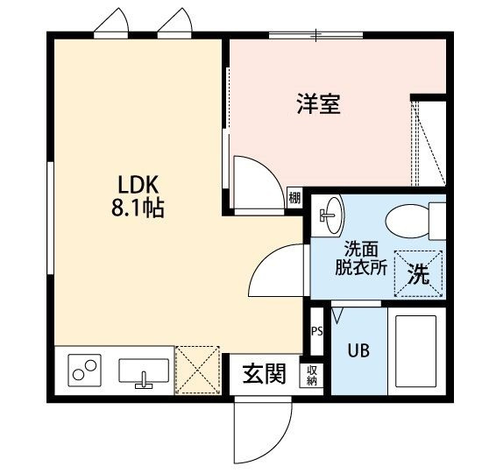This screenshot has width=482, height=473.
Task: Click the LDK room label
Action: coord(138,184)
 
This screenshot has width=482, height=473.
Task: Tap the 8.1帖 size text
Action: coord(138,208)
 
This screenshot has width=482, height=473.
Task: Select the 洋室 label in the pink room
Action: coord(318,103)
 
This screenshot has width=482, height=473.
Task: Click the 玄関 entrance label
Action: coord(265,374)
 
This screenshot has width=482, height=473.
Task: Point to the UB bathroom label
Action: coord(358,350)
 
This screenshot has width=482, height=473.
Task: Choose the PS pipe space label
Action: coord(317,331)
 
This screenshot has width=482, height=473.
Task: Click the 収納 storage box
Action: coord(311,375)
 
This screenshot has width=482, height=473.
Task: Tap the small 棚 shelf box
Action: coord(294,198)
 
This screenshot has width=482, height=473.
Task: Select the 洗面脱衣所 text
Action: coord(361,258)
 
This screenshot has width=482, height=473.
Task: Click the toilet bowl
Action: coord(408,221)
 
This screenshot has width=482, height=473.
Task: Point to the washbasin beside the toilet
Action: coord(334,215)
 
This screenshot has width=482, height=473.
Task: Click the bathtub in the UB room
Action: coord(416,351)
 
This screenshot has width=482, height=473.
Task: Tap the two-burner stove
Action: coord(84,370)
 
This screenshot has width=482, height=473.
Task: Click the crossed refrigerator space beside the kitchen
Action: coord(197,370)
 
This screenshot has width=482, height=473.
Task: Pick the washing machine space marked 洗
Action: coord(419,274)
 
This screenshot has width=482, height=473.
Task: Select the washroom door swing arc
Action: coord(261,261)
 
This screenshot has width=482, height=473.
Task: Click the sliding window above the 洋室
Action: coord(316,35)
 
